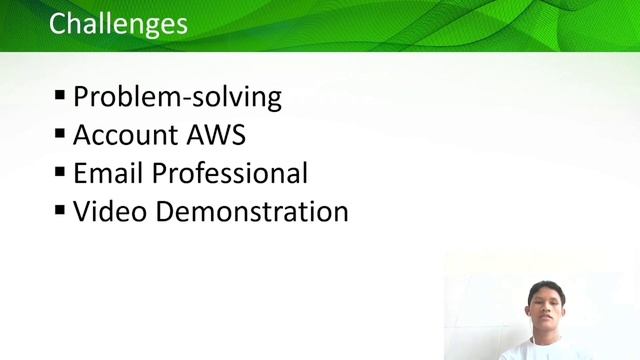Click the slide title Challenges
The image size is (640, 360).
(x=118, y=23)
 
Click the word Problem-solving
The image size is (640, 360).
(x=177, y=97)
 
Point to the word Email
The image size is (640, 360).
(x=108, y=173)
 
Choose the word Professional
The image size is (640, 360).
(x=230, y=173)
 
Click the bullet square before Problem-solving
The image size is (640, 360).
(x=60, y=96)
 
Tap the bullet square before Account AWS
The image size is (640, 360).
(x=60, y=134)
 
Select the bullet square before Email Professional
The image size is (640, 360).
(x=60, y=172)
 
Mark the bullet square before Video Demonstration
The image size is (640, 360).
(x=60, y=210)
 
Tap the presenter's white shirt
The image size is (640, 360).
(x=545, y=352)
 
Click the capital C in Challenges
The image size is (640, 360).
(x=58, y=23)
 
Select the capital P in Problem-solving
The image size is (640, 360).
(x=82, y=97)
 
